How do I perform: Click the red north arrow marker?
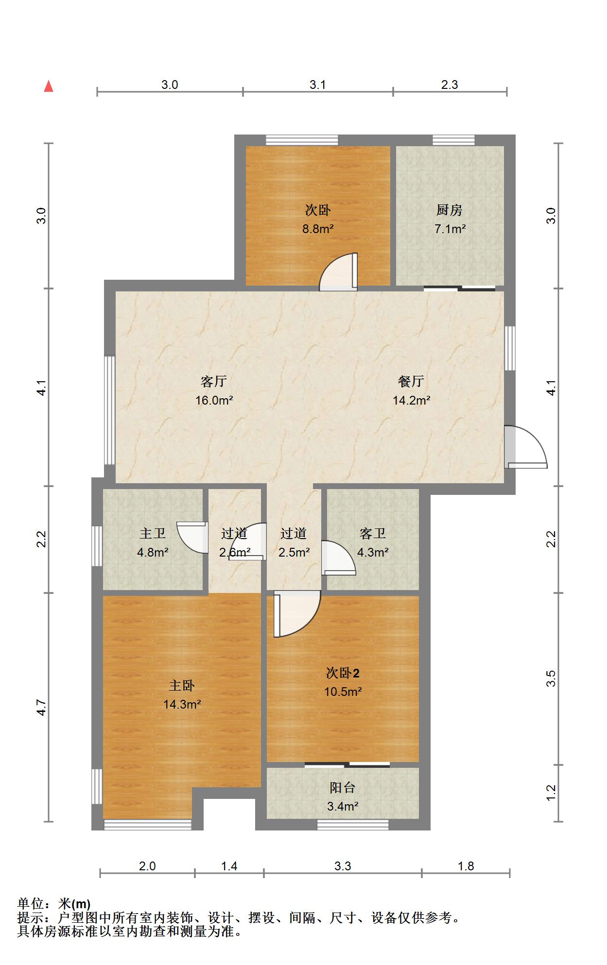pyautogui.click(x=49, y=86)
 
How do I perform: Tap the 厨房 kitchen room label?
pyautogui.click(x=449, y=210)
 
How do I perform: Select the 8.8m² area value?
pyautogui.click(x=318, y=229)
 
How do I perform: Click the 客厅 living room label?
pyautogui.click(x=214, y=382)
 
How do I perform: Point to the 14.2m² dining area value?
pyautogui.click(x=411, y=401)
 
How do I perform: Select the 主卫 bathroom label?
pyautogui.click(x=153, y=534)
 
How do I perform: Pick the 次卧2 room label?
pyautogui.click(x=343, y=673)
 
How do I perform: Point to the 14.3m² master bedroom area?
pyautogui.click(x=182, y=704)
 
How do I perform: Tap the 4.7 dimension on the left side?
pyautogui.click(x=42, y=707)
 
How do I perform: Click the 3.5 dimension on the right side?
pyautogui.click(x=551, y=678)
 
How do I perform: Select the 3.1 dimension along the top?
pyautogui.click(x=318, y=85)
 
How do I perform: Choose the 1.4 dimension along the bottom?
pyautogui.click(x=229, y=866)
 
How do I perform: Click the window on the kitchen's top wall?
pyautogui.click(x=453, y=140)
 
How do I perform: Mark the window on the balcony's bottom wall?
pyautogui.click(x=353, y=824)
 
